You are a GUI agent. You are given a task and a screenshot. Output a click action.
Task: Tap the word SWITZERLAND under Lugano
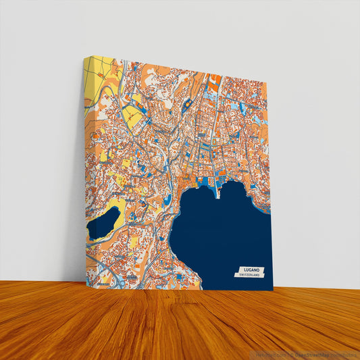[249, 274]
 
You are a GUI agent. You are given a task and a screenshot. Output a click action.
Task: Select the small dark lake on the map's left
[103, 224]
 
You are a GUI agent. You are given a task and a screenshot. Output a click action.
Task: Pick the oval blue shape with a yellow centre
[186, 104]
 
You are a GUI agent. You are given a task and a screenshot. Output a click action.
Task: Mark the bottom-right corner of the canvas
[273, 290]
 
